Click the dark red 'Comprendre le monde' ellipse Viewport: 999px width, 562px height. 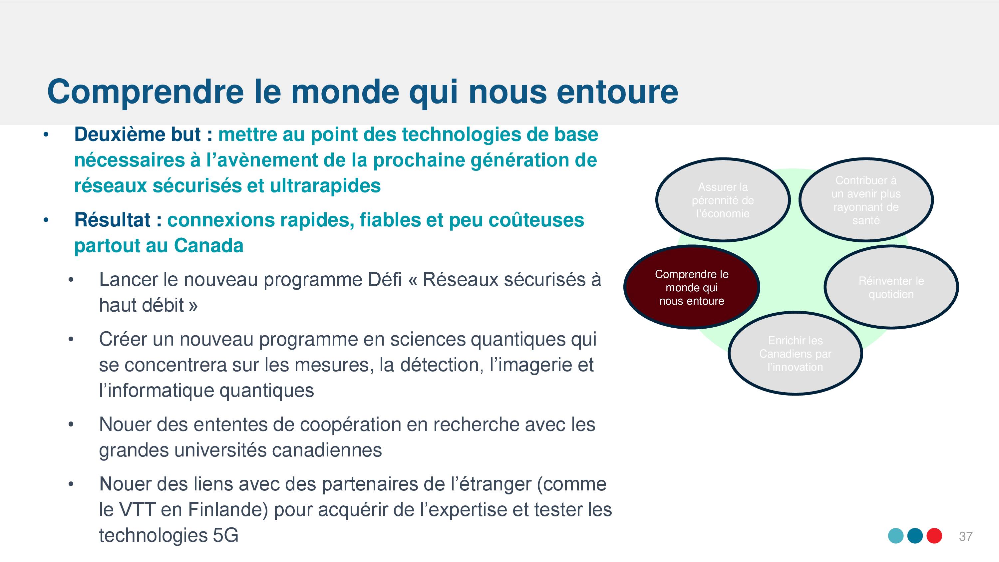(691, 287)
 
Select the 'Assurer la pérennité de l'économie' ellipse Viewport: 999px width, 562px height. (723, 200)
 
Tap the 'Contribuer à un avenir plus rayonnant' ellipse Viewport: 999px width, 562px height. (866, 200)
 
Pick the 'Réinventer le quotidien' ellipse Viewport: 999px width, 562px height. (891, 287)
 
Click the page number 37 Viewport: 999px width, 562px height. (966, 536)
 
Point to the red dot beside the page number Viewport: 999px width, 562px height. (934, 536)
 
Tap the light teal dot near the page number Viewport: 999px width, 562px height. (896, 536)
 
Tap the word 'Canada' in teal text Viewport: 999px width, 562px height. (209, 245)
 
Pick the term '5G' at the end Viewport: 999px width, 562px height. (226, 535)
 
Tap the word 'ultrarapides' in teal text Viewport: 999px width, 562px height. (325, 186)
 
